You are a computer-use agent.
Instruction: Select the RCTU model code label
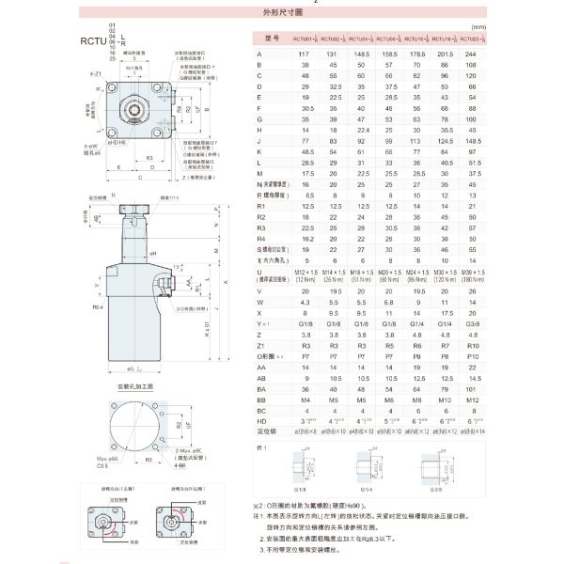pos(92,40)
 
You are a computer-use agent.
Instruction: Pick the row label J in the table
pos(258,139)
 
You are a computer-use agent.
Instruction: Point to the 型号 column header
pos(274,39)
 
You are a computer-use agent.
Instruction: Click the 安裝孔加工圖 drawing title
pos(133,385)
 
